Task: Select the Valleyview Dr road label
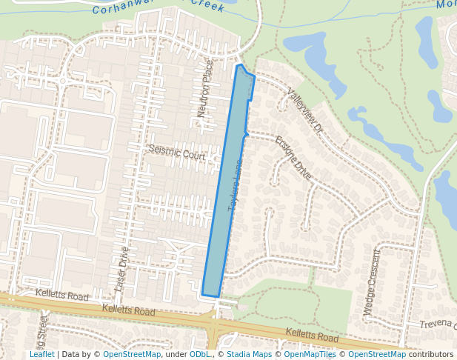(306, 112)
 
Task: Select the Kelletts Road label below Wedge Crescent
(312, 337)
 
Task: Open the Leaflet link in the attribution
(41, 355)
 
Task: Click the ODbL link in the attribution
(199, 355)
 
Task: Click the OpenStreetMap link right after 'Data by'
(132, 355)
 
